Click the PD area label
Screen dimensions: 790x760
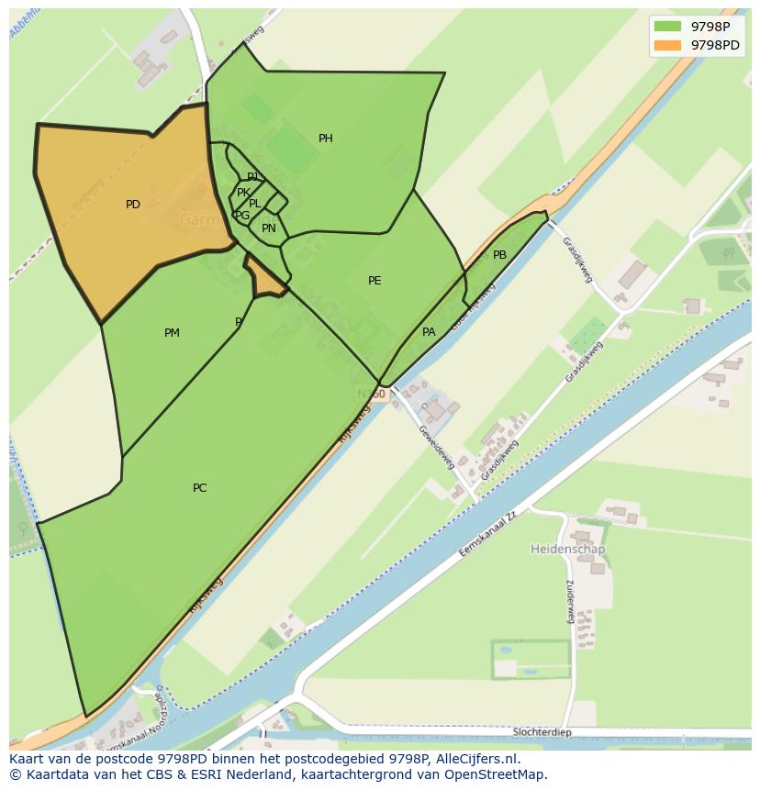133,205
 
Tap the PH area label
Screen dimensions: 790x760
326,139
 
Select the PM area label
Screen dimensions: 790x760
172,333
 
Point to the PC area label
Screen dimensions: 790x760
199,488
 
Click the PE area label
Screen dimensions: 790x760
374,281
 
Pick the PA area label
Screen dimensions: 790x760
429,332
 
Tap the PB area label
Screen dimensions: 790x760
499,255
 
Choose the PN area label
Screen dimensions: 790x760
269,228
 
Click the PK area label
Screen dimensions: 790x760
243,193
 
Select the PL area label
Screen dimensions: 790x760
255,204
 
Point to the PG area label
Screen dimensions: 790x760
242,216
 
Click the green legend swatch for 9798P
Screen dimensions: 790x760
667,27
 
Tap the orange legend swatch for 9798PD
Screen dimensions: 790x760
667,45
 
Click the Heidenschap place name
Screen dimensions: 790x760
567,550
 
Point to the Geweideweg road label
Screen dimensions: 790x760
436,447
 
